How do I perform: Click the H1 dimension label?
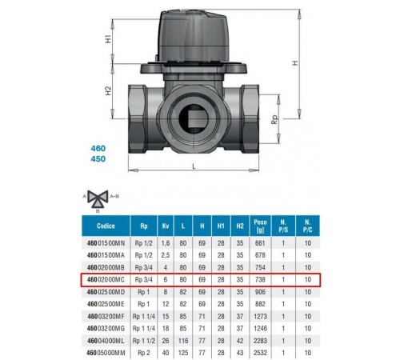pos(108,39)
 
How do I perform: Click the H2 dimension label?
pos(108,90)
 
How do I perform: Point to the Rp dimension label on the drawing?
pos(274,119)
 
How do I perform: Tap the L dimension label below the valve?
pos(194,166)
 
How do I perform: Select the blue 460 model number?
pos(98,148)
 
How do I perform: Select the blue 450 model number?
pos(98,159)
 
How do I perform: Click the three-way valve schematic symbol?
pos(98,198)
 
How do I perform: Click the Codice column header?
pos(106,226)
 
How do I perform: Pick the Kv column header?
pos(166,226)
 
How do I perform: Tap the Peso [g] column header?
pos(260,226)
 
